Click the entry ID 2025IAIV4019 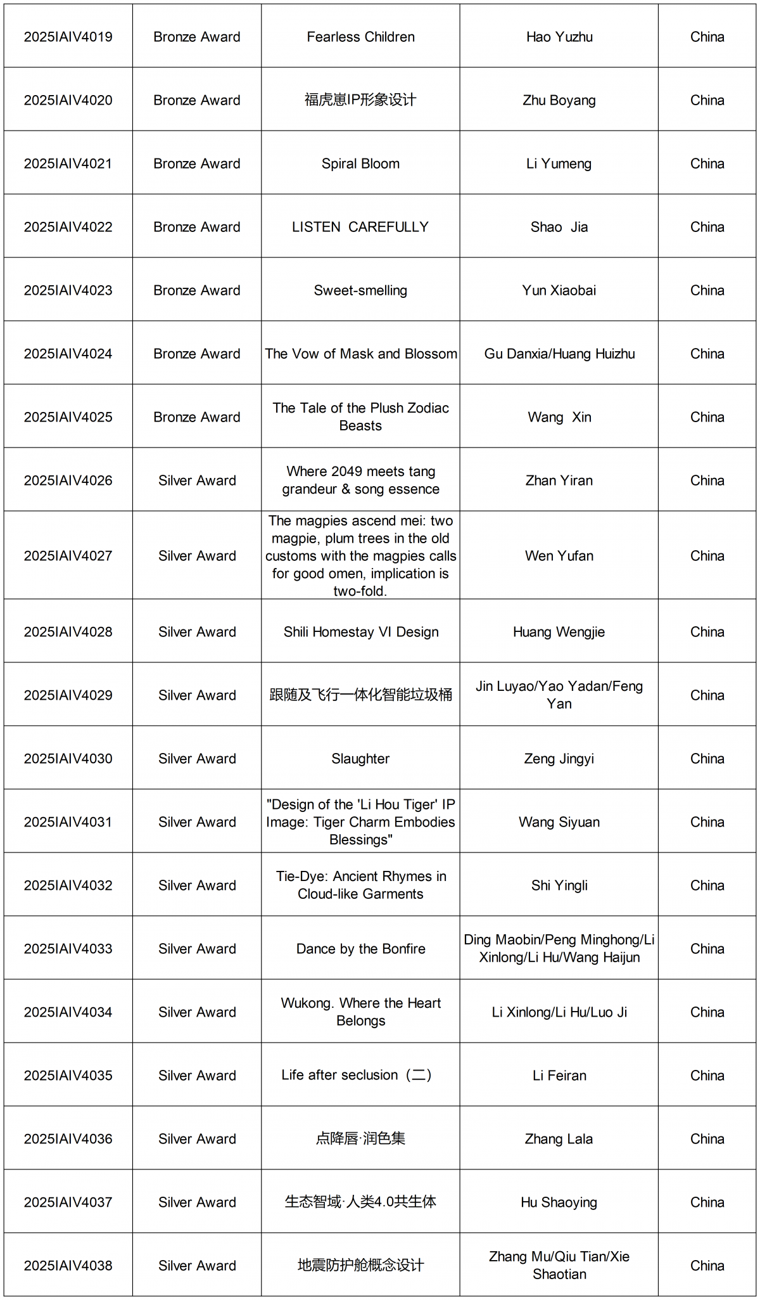68,37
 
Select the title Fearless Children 360,37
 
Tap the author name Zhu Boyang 559,100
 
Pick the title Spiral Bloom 360,164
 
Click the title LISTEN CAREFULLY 360,227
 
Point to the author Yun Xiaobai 559,290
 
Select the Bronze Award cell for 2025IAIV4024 196,354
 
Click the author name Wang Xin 559,417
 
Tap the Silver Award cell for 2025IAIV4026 196,480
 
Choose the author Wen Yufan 559,556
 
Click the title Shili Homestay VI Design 360,632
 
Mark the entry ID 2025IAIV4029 68,695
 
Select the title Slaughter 360,759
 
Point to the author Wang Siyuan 559,822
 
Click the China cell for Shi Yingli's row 707,885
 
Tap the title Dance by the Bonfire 360,949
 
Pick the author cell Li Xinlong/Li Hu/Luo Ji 559,1012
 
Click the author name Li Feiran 559,1076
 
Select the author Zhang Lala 559,1139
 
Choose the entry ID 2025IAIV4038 68,1266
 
